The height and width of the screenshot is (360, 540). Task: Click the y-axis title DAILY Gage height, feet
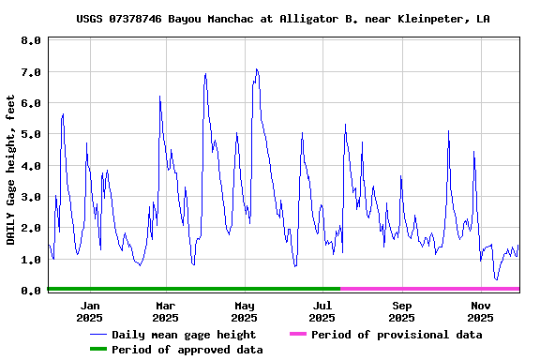coord(11,170)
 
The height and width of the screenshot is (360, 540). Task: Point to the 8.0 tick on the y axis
coord(30,41)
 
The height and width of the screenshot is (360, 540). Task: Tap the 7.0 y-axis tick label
coord(30,72)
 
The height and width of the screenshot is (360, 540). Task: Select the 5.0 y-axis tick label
coord(30,134)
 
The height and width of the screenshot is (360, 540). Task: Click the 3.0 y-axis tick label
coord(30,197)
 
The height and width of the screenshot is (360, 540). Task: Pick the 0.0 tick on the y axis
coord(30,291)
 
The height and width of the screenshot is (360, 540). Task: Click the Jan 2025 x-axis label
coord(90,311)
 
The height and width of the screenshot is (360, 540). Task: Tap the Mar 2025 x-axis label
coord(165,311)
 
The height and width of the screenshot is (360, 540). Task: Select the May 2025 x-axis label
coord(244,311)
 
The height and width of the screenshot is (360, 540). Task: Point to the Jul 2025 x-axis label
coord(322,311)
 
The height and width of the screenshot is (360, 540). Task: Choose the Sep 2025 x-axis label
coord(401,311)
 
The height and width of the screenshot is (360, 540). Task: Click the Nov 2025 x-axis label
coord(480,311)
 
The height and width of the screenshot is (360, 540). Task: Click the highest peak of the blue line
coord(256,69)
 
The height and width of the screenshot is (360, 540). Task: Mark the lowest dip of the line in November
coord(496,279)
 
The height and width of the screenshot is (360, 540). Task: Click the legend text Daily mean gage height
coord(184,335)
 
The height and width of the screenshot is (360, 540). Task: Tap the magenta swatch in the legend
coord(297,334)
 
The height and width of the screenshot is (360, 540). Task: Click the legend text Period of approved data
coord(187,350)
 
